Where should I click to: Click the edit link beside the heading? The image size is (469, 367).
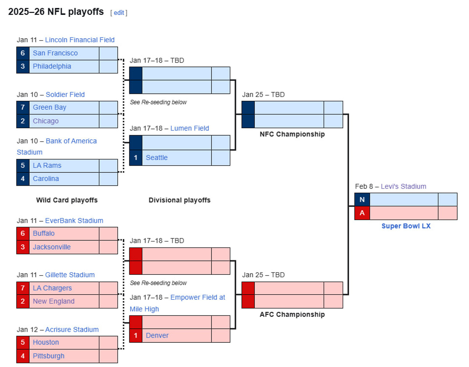pos(119,13)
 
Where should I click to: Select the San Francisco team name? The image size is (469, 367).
pos(55,53)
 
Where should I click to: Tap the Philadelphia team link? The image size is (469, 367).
pos(52,66)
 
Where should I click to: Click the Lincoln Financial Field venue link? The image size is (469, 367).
pos(80,40)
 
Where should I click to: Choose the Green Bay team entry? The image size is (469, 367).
pos(50,107)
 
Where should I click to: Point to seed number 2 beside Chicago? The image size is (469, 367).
pos(23,121)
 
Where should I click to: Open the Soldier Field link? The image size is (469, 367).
pos(65,95)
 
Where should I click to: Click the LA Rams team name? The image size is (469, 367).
pos(47,165)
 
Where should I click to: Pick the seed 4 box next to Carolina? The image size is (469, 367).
pos(23,179)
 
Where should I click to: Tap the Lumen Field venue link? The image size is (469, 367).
pos(190,128)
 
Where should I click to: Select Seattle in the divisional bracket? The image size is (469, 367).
pos(157,158)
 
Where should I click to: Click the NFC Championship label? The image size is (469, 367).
pos(292,134)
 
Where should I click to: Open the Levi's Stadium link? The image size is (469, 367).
pos(403,186)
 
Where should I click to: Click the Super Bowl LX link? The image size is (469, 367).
pos(406,226)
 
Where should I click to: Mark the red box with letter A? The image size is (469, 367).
pos(362,213)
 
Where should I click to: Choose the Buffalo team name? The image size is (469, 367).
pos(44,234)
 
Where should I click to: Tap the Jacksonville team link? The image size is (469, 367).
pos(52,247)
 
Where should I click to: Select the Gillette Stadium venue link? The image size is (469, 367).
pos(70,275)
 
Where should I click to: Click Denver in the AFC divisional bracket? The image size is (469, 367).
pos(157,336)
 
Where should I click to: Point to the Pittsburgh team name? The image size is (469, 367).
pos(48,356)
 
